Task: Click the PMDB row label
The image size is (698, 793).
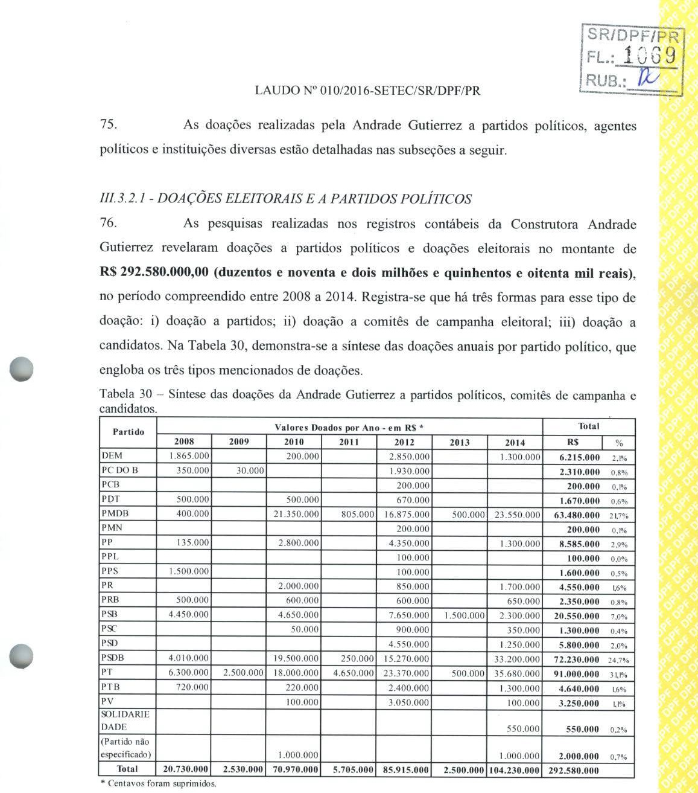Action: click(115, 513)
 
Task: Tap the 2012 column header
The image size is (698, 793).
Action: click(404, 442)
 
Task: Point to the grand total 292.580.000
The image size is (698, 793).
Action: click(574, 771)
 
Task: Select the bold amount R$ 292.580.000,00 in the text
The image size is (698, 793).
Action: click(154, 272)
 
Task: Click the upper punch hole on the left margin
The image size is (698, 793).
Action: click(21, 368)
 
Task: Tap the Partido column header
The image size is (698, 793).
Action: click(128, 432)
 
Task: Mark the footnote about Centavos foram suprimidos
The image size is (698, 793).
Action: click(157, 784)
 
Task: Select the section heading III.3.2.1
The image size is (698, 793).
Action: click(285, 199)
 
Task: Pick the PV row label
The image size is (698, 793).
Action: click(108, 702)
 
